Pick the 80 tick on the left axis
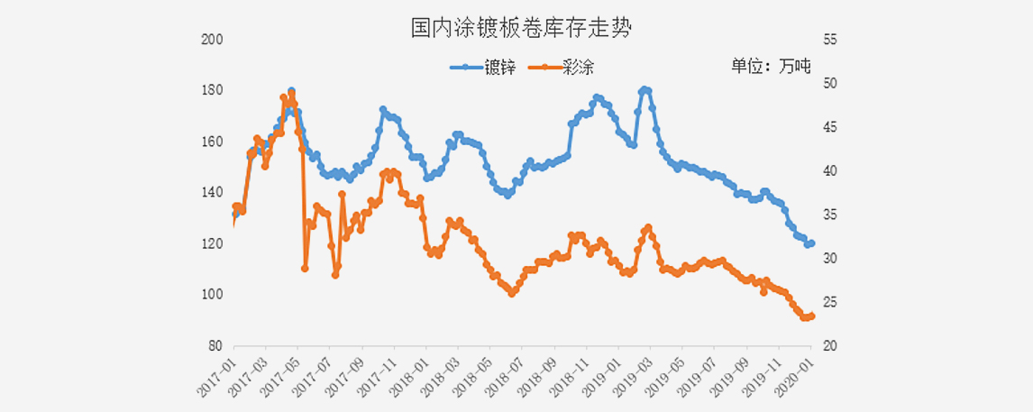point(215,346)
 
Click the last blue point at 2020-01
point(811,243)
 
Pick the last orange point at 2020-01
point(811,316)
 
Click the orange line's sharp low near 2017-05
point(305,269)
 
